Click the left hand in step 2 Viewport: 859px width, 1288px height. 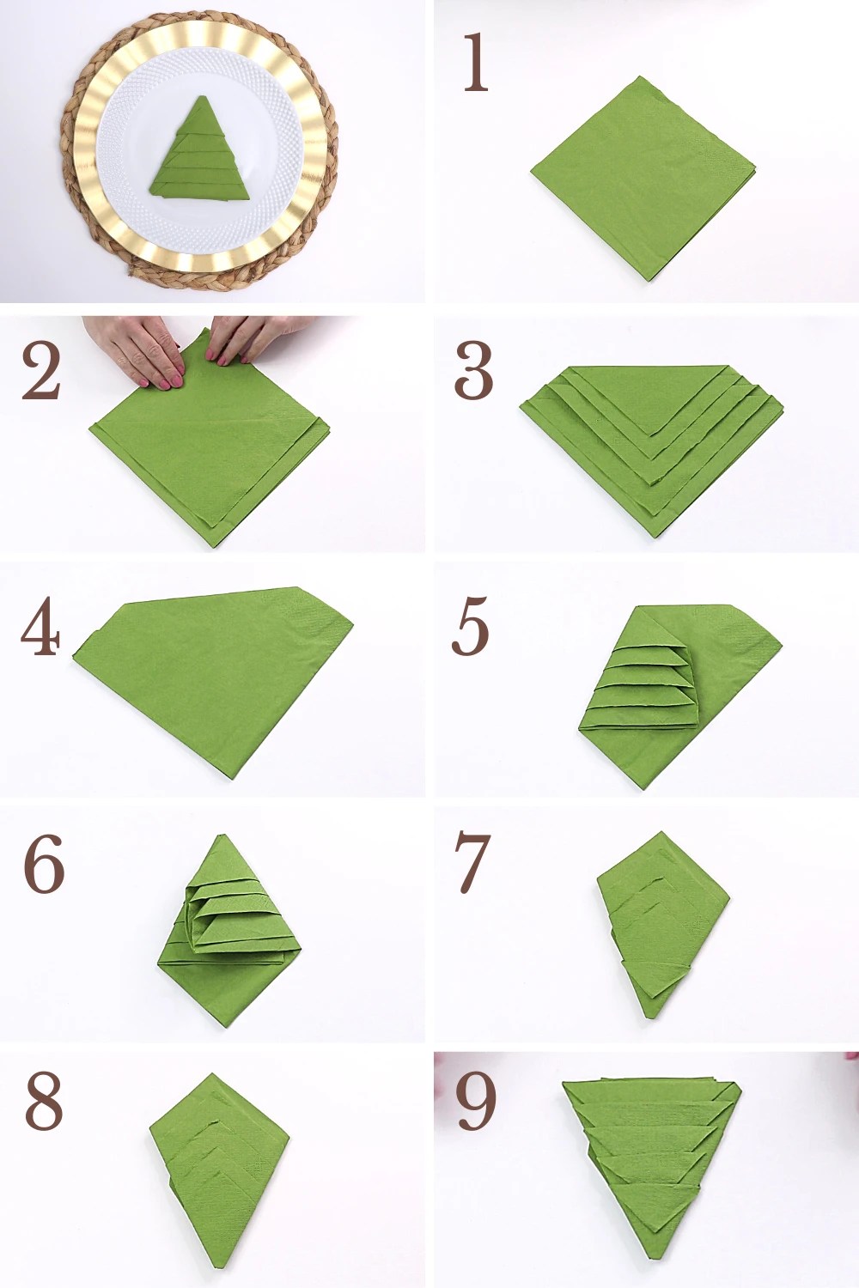coord(146,352)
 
